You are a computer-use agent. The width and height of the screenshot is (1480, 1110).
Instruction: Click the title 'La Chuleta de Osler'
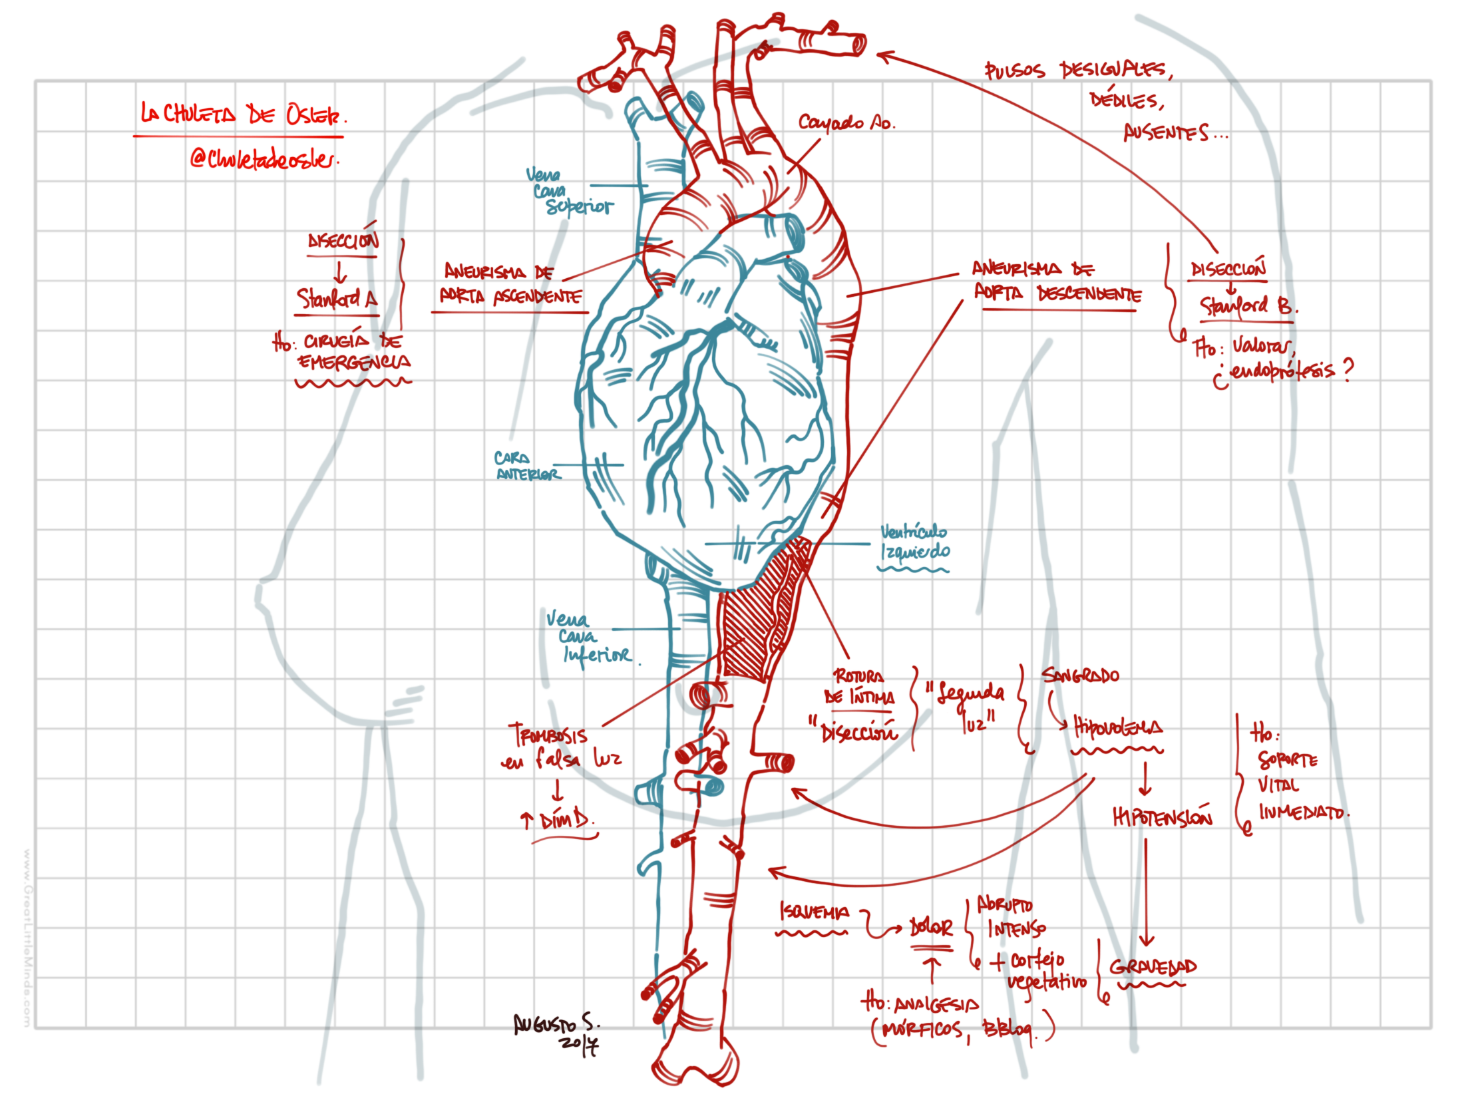[x=242, y=114]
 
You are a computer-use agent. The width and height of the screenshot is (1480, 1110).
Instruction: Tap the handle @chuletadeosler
[x=264, y=158]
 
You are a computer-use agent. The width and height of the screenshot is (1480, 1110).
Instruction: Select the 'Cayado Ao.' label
[x=846, y=122]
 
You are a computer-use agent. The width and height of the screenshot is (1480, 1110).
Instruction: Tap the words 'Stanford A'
[x=337, y=298]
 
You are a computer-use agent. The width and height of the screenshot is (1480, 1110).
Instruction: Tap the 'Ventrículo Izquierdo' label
[x=913, y=542]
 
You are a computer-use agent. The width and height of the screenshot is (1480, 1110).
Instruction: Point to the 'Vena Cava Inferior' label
[x=587, y=637]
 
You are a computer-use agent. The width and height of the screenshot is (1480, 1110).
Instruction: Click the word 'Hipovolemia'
[x=1117, y=726]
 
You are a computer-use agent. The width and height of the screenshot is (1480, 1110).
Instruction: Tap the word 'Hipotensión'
[x=1162, y=817]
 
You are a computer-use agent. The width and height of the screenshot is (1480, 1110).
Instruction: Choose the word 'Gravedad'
[x=1152, y=967]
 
